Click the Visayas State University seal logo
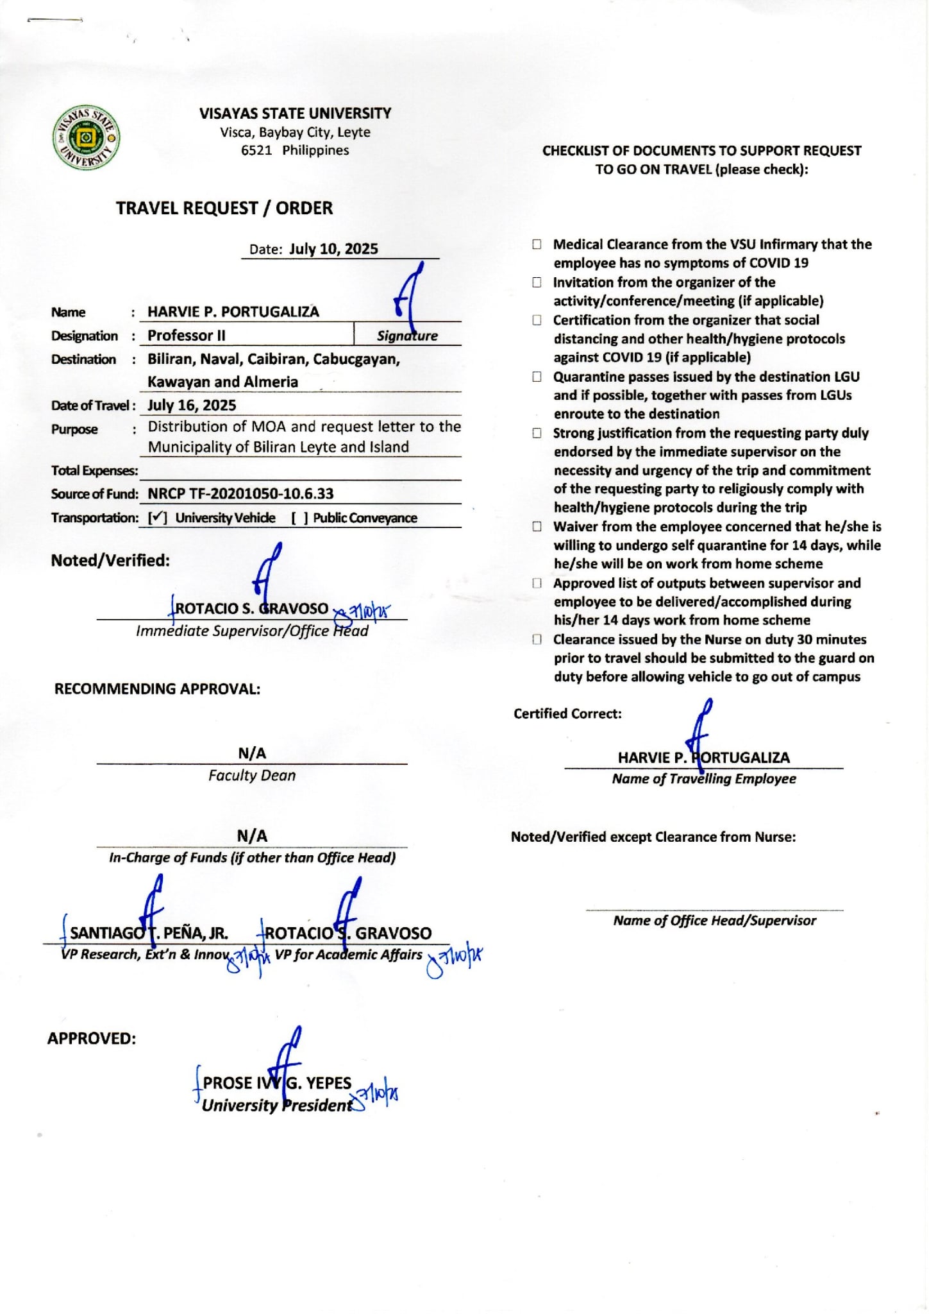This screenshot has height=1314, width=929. click(x=86, y=137)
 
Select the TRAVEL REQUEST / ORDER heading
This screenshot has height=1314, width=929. click(x=224, y=209)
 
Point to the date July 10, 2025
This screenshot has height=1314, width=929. click(x=333, y=249)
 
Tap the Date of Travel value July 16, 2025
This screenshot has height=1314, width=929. click(x=192, y=405)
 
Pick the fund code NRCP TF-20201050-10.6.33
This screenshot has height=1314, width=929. click(x=240, y=493)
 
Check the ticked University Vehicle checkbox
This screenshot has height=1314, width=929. click(x=158, y=518)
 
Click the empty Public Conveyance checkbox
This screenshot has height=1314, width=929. click(x=299, y=518)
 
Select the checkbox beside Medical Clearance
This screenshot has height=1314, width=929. click(x=537, y=244)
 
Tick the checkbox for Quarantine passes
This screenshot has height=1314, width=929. click(x=537, y=377)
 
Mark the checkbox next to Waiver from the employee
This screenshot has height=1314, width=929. click(x=537, y=527)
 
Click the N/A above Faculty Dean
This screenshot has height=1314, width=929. click(x=252, y=753)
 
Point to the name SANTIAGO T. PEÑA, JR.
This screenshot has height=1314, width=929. click(x=149, y=933)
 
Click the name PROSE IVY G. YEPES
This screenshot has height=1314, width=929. click(x=277, y=1083)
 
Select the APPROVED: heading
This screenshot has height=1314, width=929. click(x=92, y=1039)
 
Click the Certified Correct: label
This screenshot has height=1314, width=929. click(x=567, y=713)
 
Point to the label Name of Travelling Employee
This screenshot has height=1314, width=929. click(x=703, y=779)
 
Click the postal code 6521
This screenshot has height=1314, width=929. click(x=256, y=150)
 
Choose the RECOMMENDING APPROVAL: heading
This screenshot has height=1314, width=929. click(x=157, y=689)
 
